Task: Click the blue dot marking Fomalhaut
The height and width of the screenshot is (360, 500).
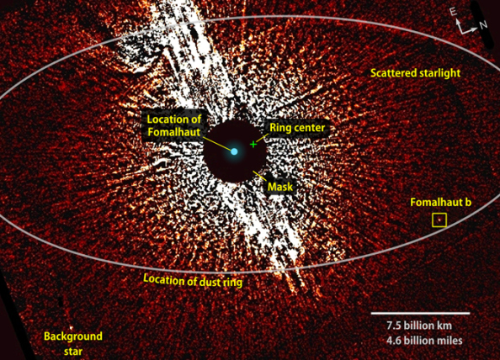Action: click(x=234, y=151)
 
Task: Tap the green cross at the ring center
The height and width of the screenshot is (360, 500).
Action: click(x=253, y=145)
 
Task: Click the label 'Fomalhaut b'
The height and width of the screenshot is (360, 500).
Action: click(x=441, y=203)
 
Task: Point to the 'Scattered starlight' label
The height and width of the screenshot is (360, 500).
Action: click(x=416, y=73)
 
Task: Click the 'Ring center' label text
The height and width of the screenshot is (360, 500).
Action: click(x=297, y=128)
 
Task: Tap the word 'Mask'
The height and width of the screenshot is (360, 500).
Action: click(x=280, y=187)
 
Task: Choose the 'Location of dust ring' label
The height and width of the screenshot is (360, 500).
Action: click(x=193, y=280)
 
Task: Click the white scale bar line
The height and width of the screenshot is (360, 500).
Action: click(x=420, y=313)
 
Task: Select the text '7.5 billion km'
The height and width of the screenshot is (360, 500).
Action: click(x=419, y=326)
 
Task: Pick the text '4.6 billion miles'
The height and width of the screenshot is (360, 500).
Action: click(x=424, y=341)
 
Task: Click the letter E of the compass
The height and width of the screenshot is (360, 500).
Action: click(x=453, y=12)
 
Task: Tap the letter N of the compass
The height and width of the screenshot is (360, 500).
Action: click(x=483, y=24)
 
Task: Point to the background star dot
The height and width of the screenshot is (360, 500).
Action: click(x=71, y=327)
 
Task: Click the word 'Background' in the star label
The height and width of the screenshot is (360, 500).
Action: click(x=73, y=336)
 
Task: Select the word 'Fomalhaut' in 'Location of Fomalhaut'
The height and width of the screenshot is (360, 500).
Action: click(x=173, y=132)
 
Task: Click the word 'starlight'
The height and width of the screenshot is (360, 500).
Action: click(x=439, y=73)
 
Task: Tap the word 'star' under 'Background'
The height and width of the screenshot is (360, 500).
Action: click(x=73, y=352)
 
